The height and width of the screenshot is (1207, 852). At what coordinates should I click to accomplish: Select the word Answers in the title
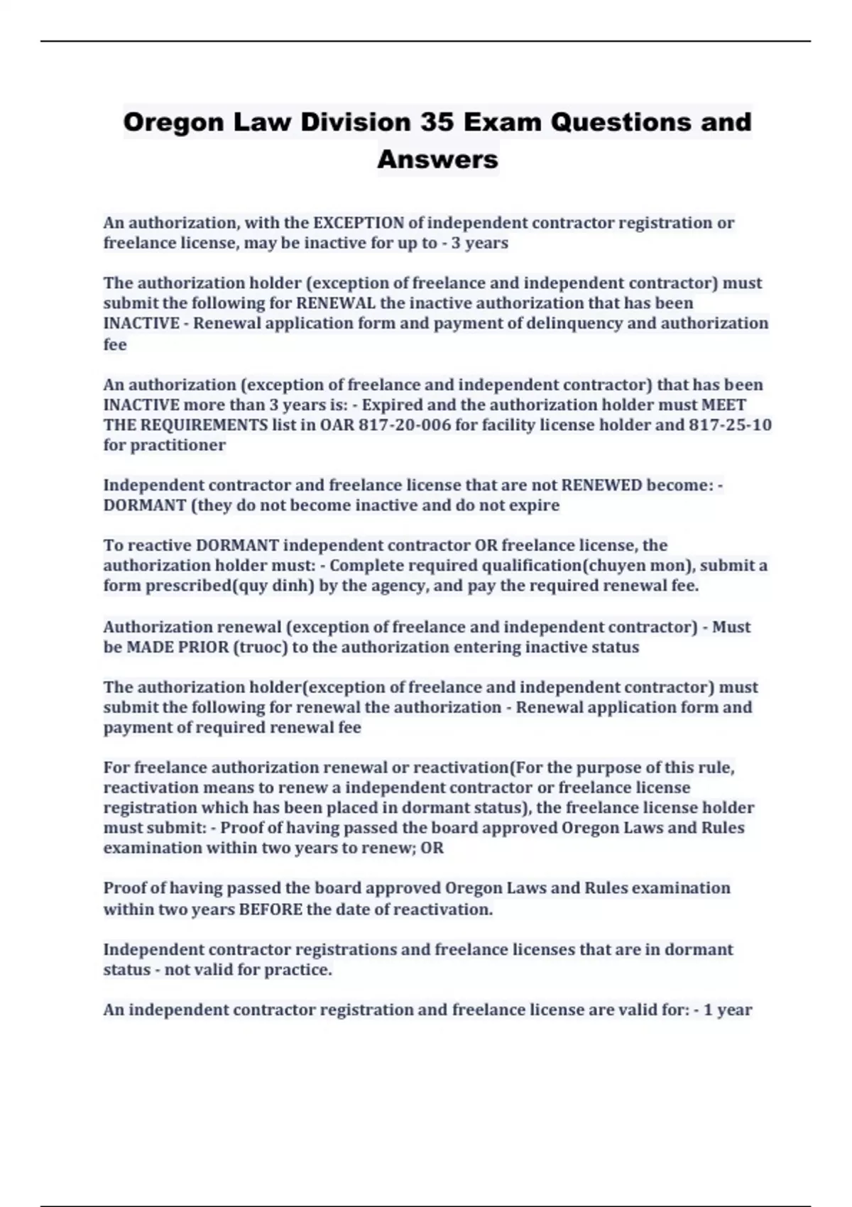coord(437,159)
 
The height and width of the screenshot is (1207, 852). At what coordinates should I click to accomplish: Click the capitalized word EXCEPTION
coord(359,223)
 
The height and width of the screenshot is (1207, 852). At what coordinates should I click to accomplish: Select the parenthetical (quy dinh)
coord(274,586)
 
